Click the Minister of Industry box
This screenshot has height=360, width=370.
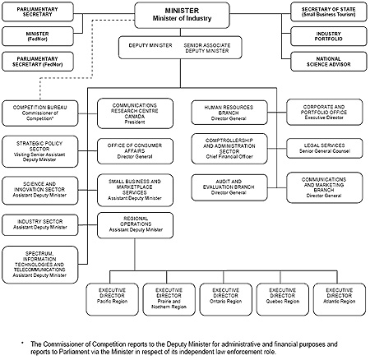pyautogui.click(x=182, y=14)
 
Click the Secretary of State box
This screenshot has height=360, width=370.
pyautogui.click(x=323, y=11)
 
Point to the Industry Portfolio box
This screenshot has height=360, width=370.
pyautogui.click(x=323, y=36)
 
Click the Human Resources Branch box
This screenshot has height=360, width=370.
pyautogui.click(x=230, y=113)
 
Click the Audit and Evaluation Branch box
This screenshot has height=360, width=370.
pyautogui.click(x=230, y=187)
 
